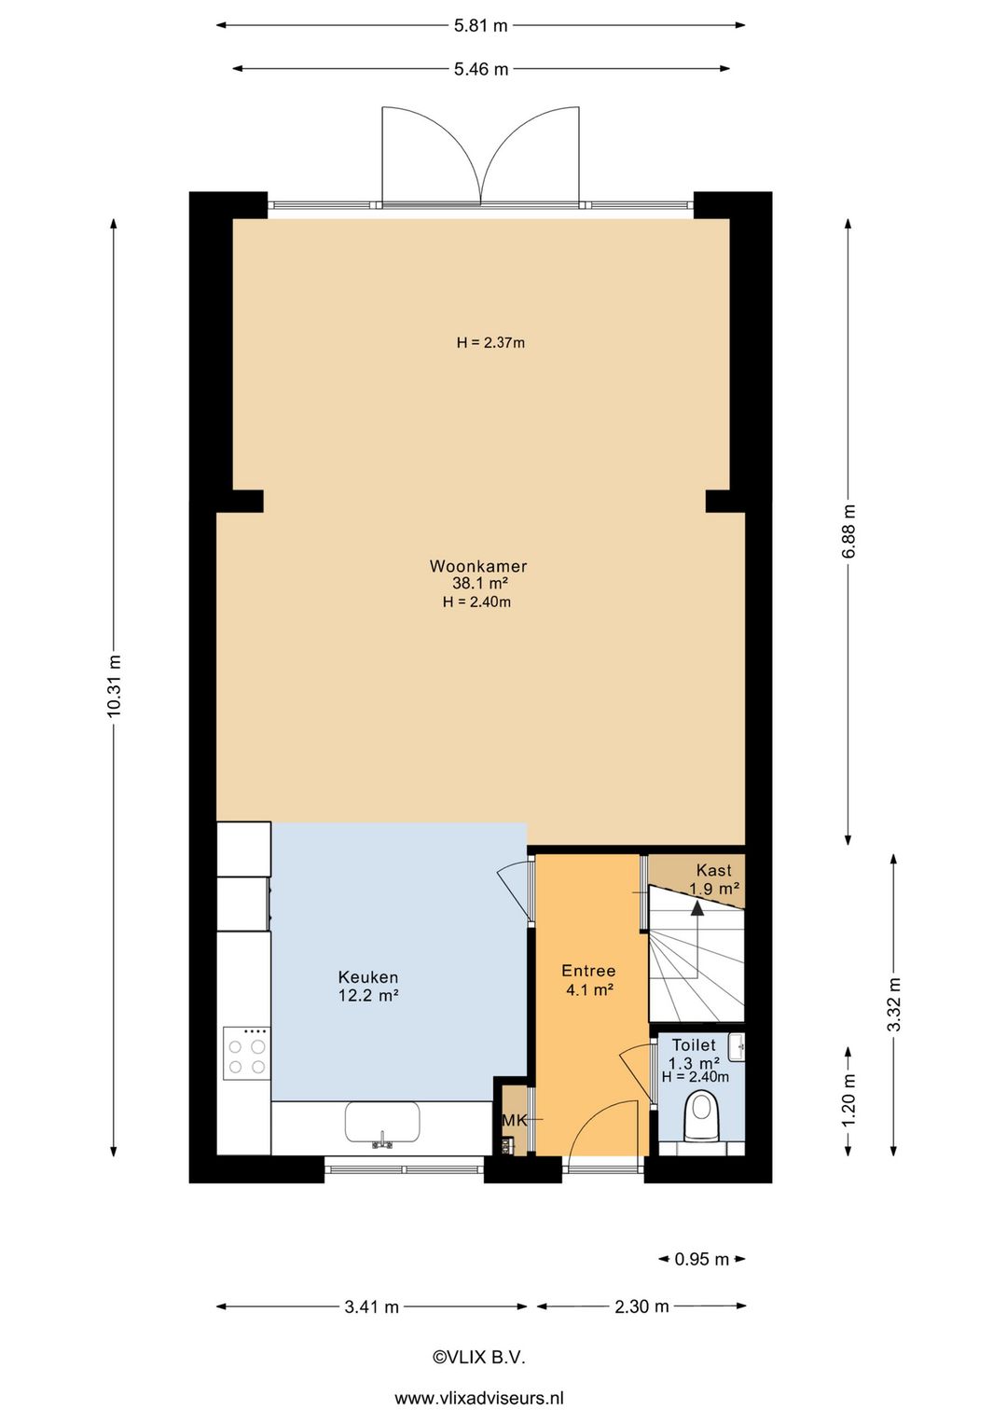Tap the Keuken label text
coord(368,976)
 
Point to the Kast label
coord(713,870)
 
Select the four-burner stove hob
coord(246,1053)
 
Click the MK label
coord(515,1121)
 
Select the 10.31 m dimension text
coord(114,686)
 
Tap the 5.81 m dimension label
coord(481,25)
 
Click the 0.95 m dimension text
coord(701,1259)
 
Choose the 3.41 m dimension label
coord(372,1306)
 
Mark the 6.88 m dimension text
coord(848,532)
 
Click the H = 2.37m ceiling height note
coord(490,343)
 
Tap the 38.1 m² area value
coord(479,583)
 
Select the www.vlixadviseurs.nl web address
coord(479,1398)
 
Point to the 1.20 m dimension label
coord(848,1099)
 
